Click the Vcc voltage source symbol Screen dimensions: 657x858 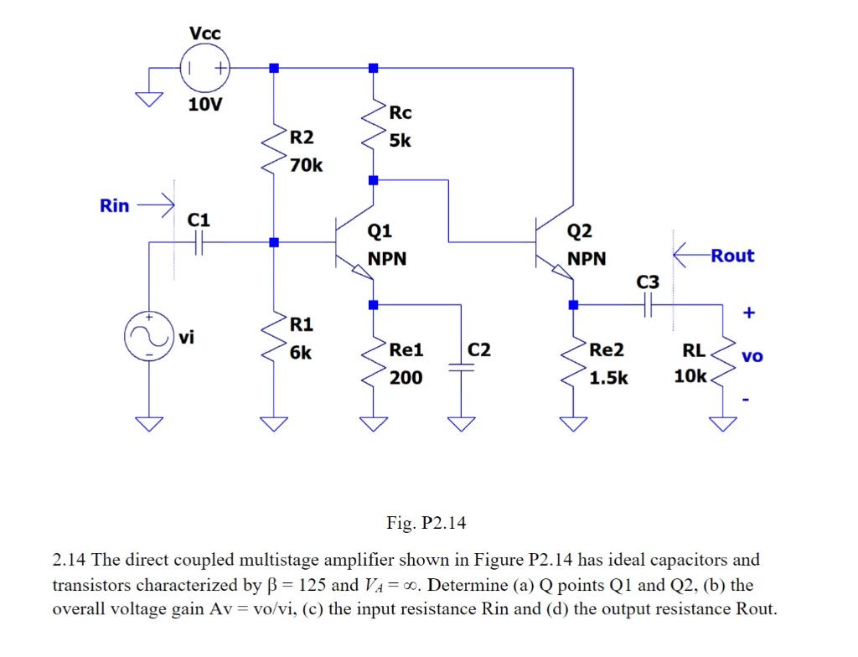pos(205,68)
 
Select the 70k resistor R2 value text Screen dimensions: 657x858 pos(306,165)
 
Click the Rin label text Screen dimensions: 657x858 pos(115,205)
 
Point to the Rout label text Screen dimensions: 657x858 pos(732,256)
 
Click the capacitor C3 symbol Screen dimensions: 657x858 pos(648,308)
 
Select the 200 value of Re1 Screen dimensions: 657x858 pos(406,378)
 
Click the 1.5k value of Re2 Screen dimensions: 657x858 pos(608,378)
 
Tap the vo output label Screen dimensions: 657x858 pos(752,356)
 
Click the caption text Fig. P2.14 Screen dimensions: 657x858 pos(426,523)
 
